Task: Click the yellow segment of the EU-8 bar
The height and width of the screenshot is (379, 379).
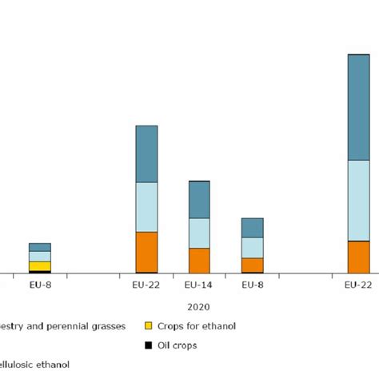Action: pyautogui.click(x=40, y=266)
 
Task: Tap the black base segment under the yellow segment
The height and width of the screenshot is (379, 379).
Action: pyautogui.click(x=40, y=273)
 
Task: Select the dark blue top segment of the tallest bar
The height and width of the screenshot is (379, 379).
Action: pyautogui.click(x=358, y=107)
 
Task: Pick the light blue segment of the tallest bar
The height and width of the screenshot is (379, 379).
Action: pyautogui.click(x=358, y=200)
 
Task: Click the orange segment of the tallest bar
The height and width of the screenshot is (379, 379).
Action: pyautogui.click(x=358, y=257)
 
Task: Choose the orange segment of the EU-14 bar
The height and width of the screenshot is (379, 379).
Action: pyautogui.click(x=199, y=261)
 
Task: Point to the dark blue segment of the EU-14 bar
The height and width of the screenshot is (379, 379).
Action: pyautogui.click(x=199, y=200)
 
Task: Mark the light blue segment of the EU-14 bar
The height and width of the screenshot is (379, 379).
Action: pyautogui.click(x=199, y=233)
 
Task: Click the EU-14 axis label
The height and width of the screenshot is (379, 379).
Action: pyautogui.click(x=199, y=285)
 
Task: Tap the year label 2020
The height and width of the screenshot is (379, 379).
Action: pyautogui.click(x=199, y=306)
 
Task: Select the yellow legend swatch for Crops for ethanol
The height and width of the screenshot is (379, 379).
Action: pyautogui.click(x=148, y=326)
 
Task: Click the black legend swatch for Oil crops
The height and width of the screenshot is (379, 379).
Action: pyautogui.click(x=148, y=345)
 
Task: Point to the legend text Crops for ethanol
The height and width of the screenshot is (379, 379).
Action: pyautogui.click(x=197, y=326)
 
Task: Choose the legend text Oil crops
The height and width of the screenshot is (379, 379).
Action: pyautogui.click(x=178, y=345)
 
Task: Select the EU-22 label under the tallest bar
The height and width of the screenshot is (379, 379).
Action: pyautogui.click(x=358, y=285)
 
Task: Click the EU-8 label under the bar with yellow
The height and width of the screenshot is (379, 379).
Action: pyautogui.click(x=40, y=285)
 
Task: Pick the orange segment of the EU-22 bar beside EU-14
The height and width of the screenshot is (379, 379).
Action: pyautogui.click(x=146, y=252)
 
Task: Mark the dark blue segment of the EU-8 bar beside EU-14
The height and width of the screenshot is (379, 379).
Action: pyautogui.click(x=253, y=228)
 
